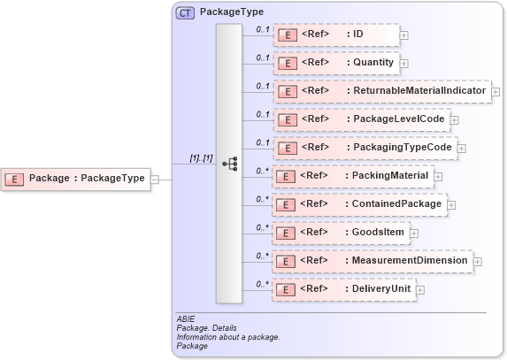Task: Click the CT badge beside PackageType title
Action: [185, 12]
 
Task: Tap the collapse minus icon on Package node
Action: [155, 179]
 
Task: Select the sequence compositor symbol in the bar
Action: [229, 164]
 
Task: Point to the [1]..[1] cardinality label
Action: [201, 158]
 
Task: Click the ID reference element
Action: [335, 34]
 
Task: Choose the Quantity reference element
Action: [335, 63]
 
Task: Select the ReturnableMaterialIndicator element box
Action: [381, 91]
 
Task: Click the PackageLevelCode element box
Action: [361, 119]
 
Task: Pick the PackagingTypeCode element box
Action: [365, 148]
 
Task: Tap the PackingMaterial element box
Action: [353, 176]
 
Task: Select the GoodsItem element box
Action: [341, 233]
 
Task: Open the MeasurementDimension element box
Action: [371, 261]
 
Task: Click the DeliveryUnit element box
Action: [343, 289]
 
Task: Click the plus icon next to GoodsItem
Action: [414, 234]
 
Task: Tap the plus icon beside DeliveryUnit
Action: [420, 290]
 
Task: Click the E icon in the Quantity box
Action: [287, 64]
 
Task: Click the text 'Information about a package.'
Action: [229, 337]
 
